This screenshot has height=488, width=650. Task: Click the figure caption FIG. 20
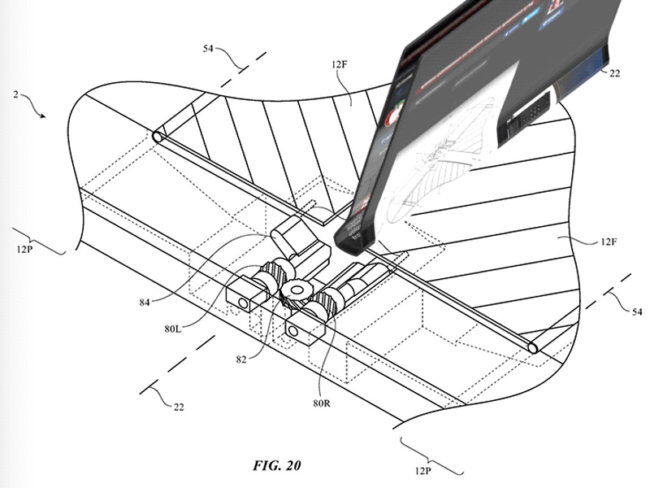click(276, 465)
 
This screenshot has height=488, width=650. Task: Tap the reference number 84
click(145, 303)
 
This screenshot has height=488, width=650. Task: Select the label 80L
click(173, 329)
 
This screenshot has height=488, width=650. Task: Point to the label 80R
click(322, 403)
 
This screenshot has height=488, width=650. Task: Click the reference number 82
click(241, 359)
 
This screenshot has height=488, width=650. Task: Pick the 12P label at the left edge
click(24, 250)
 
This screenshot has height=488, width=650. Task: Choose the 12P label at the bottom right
click(422, 471)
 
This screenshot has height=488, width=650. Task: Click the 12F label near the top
click(339, 64)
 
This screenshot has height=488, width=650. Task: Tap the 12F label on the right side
click(608, 241)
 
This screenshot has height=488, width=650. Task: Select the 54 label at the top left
click(208, 49)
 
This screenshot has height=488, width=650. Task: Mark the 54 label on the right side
click(637, 312)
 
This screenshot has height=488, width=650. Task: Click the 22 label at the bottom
click(179, 407)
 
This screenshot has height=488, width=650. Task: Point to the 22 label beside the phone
click(614, 73)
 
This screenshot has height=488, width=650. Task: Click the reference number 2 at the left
click(15, 94)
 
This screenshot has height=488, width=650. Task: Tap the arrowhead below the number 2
click(43, 115)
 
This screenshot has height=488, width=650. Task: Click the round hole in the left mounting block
click(242, 304)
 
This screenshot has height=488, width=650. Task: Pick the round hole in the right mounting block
click(292, 331)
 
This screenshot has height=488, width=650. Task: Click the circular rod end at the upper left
click(158, 137)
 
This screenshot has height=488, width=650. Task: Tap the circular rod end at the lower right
click(534, 347)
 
